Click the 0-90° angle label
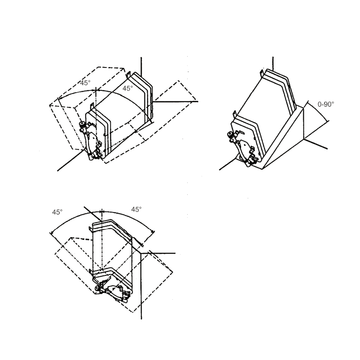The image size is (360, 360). (x=326, y=104)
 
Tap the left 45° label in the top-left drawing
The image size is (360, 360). (x=85, y=83)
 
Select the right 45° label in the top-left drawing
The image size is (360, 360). (x=128, y=88)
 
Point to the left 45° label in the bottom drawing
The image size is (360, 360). (x=57, y=212)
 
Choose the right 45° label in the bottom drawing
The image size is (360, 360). (x=136, y=209)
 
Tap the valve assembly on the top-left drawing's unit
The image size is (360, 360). (x=91, y=140)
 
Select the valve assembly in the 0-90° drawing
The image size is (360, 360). (x=242, y=148)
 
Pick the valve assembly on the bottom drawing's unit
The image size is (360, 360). (x=113, y=292)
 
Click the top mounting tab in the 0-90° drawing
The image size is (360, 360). (x=262, y=73)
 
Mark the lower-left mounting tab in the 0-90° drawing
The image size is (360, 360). (x=234, y=114)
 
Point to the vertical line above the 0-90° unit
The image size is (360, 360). (x=273, y=64)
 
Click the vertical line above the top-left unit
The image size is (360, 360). (x=141, y=67)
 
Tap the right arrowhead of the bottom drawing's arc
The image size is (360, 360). (x=153, y=231)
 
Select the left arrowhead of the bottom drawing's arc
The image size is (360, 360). (x=52, y=233)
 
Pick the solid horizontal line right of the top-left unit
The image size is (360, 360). (x=175, y=101)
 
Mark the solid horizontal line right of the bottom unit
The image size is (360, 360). (x=158, y=253)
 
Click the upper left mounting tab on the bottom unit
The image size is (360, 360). (x=91, y=229)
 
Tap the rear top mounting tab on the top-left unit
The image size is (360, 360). (x=129, y=75)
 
